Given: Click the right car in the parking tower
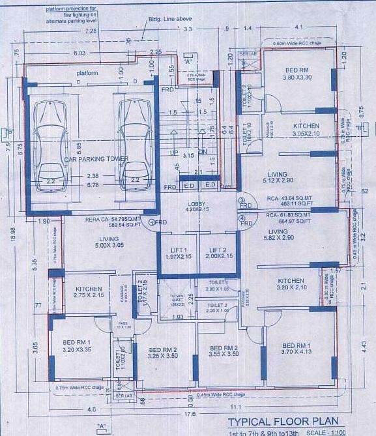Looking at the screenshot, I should (134, 143).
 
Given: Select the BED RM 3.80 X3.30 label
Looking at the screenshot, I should (298, 73).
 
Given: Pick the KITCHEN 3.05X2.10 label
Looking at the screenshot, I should (306, 130).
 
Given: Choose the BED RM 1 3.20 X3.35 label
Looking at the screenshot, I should (77, 345).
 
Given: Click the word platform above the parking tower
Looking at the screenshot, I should (87, 73).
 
